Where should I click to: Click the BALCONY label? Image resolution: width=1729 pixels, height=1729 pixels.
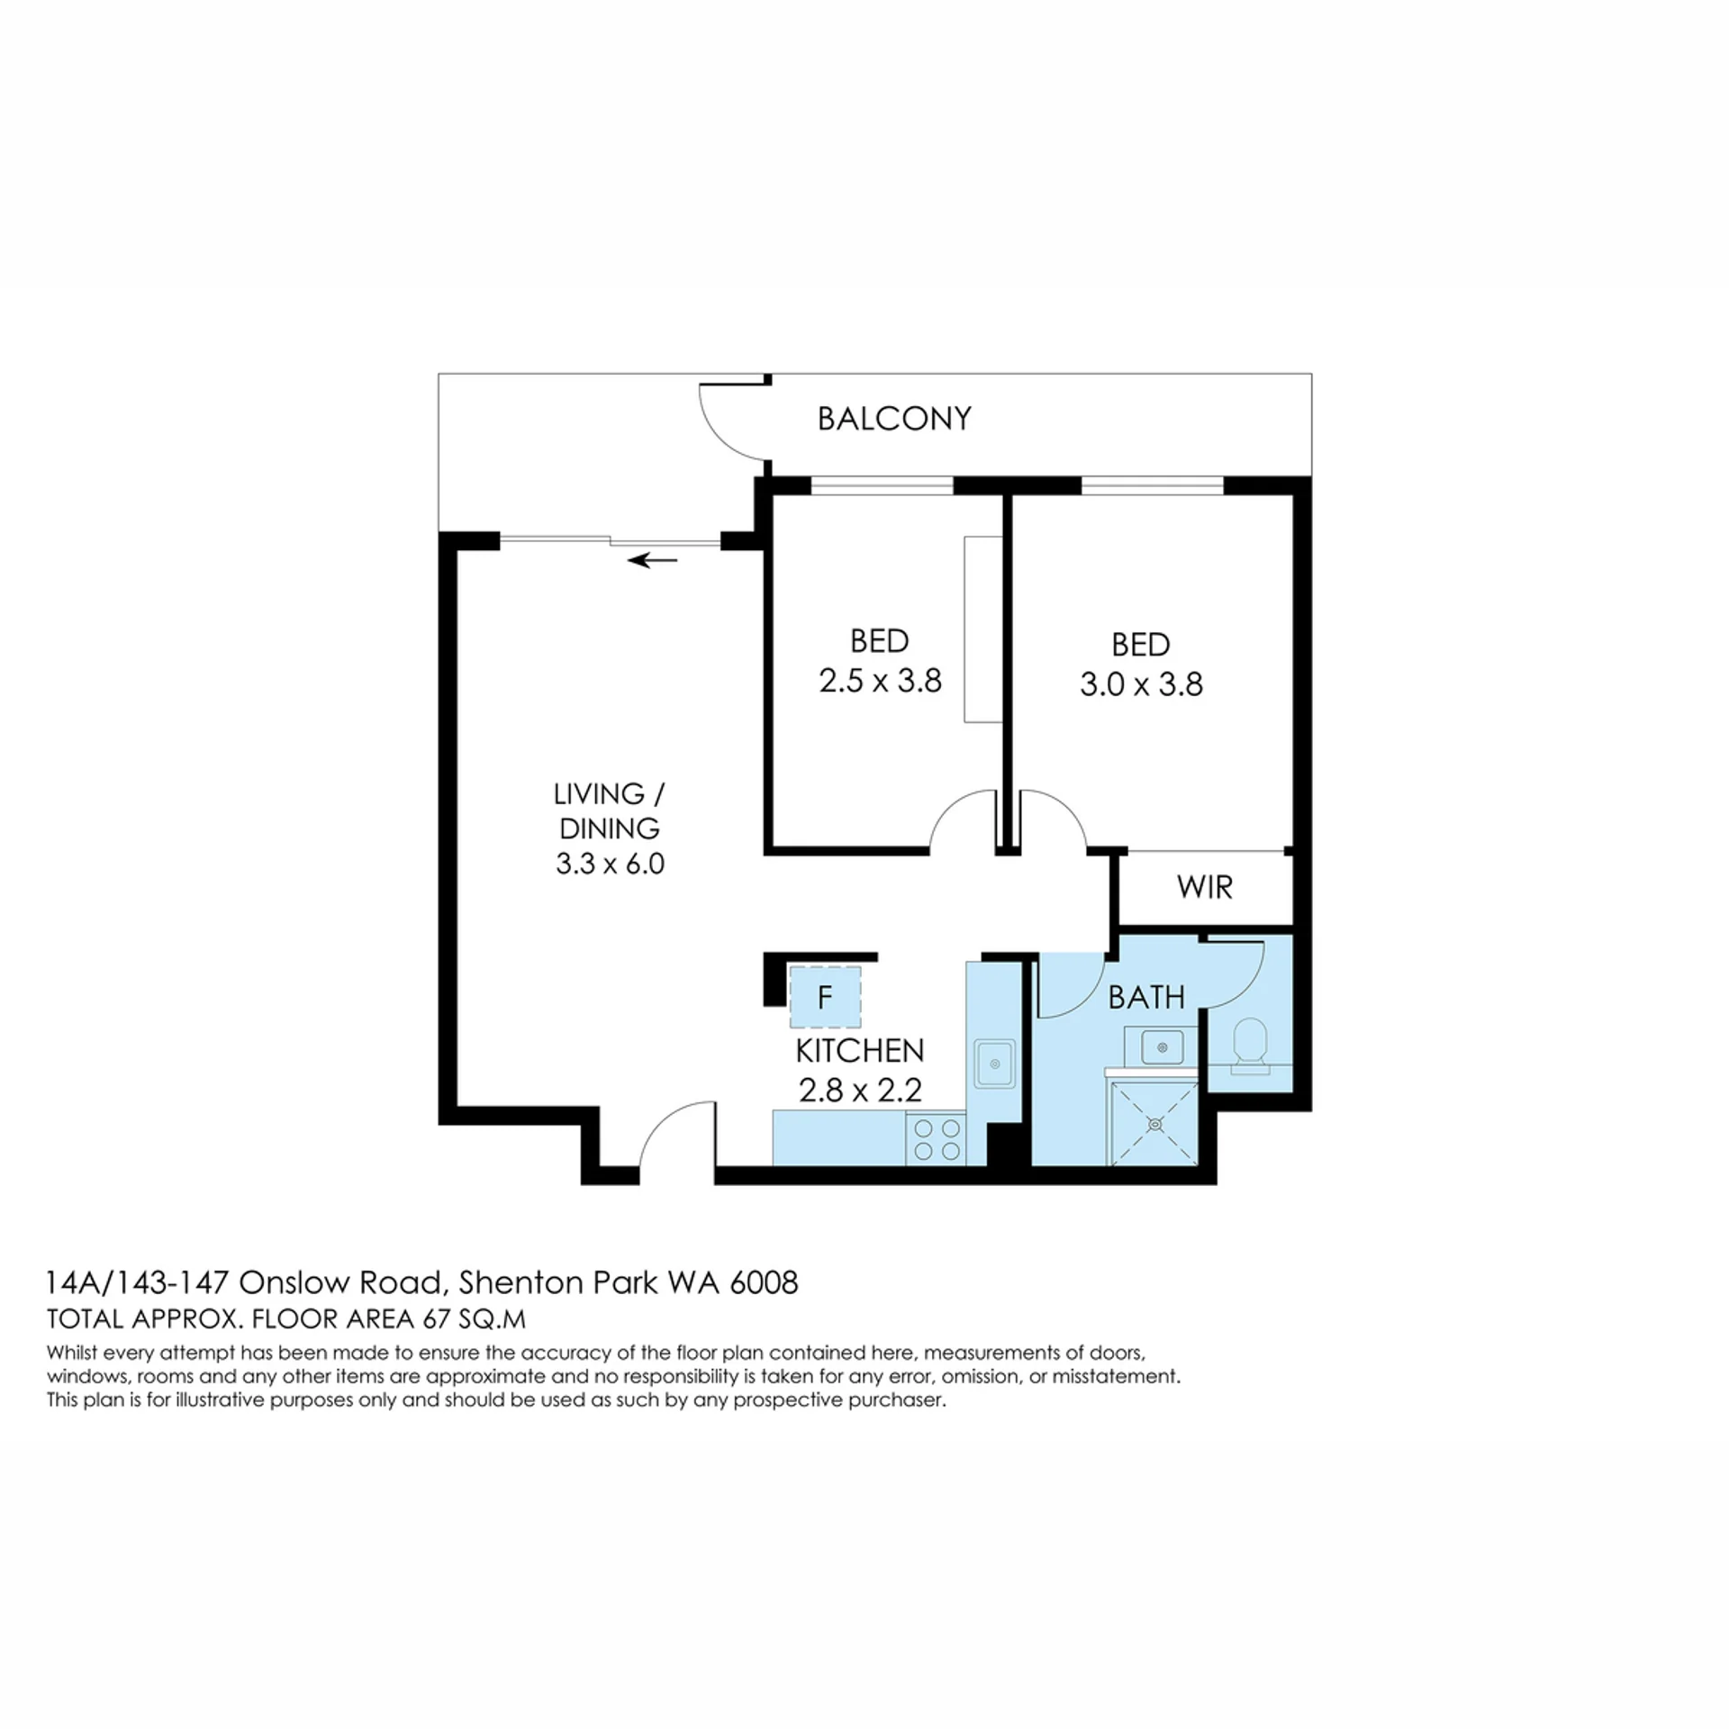pos(894,419)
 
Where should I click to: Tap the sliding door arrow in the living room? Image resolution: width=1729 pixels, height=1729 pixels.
pos(653,561)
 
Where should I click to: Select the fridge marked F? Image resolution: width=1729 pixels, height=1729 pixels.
pos(825,998)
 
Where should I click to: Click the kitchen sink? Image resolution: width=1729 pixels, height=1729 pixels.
pos(994,1064)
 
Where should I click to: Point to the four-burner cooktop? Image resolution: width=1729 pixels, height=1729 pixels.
pos(936,1139)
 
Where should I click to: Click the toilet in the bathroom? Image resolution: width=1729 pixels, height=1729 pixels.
pos(1250,1046)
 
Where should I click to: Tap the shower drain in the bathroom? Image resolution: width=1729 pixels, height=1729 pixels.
pos(1154,1124)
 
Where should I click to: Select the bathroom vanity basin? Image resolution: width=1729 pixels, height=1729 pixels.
pos(1163,1047)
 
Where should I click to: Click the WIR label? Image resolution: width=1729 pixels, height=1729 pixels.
pos(1204,888)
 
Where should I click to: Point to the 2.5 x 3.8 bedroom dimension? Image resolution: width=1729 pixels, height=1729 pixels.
pos(880,681)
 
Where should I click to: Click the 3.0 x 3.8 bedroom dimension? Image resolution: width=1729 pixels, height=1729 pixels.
pos(1141,684)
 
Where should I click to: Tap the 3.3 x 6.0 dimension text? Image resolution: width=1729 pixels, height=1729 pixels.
pos(610,864)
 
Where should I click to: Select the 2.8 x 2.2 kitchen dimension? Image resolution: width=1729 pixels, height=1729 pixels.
pos(860,1091)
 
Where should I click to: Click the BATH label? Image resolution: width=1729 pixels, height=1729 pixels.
pos(1146,998)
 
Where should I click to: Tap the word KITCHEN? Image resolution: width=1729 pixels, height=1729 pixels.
pos(860,1051)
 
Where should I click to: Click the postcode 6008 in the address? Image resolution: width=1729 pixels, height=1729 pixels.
pos(763,1282)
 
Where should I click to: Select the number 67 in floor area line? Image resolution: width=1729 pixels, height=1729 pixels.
pos(436,1319)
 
